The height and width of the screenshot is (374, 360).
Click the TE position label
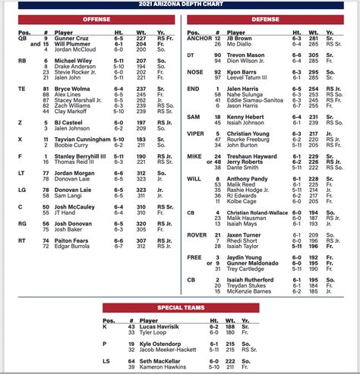(21, 88)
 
